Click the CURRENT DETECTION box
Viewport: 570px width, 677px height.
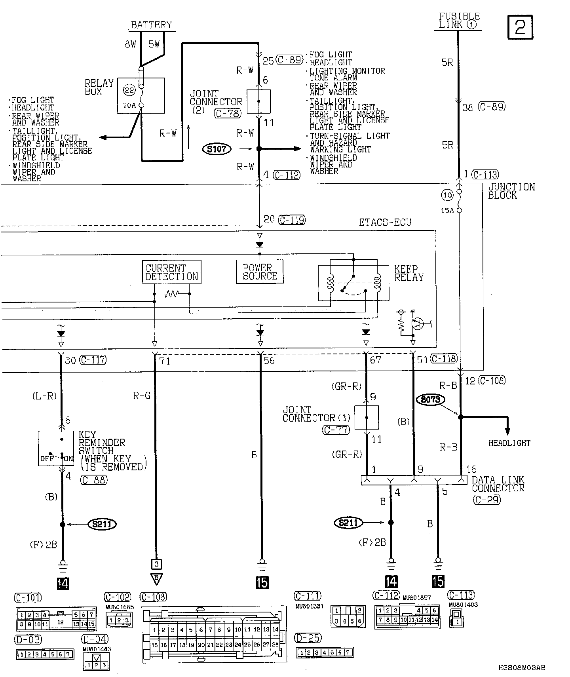coord(171,272)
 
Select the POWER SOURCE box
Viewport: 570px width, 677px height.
coord(260,272)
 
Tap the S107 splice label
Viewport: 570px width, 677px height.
coord(217,149)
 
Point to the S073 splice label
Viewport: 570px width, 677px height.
coord(430,399)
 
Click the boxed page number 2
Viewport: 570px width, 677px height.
coord(520,27)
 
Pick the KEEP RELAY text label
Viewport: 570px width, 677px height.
coord(408,273)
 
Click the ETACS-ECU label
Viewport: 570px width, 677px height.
coord(385,222)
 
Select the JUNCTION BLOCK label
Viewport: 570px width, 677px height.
coord(511,191)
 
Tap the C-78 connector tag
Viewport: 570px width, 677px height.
coord(227,114)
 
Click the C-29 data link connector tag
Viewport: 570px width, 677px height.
coord(486,500)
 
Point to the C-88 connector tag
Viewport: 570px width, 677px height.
coord(93,480)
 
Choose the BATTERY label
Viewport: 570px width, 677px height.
coord(151,25)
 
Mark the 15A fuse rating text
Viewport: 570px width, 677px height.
coord(447,211)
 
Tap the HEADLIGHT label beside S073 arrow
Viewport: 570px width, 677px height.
coord(509,443)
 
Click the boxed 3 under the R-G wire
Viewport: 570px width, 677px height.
coord(156,564)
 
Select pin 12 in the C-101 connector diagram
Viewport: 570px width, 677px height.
coord(61,622)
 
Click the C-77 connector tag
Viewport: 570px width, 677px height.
coord(336,430)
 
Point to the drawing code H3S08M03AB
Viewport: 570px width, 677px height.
coord(521,668)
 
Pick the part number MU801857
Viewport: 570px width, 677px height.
coord(417,597)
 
